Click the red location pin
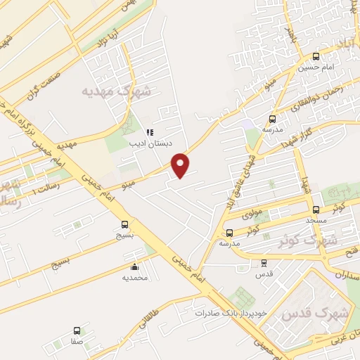coord(181,165)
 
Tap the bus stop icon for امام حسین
coord(316,56)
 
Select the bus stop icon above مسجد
coord(316,210)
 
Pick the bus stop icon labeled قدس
coord(264,263)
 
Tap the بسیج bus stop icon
coord(124,226)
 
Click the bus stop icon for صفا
coord(77,330)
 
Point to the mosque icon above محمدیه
coord(134,266)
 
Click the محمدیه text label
coord(135,278)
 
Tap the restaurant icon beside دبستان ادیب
coord(149,131)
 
